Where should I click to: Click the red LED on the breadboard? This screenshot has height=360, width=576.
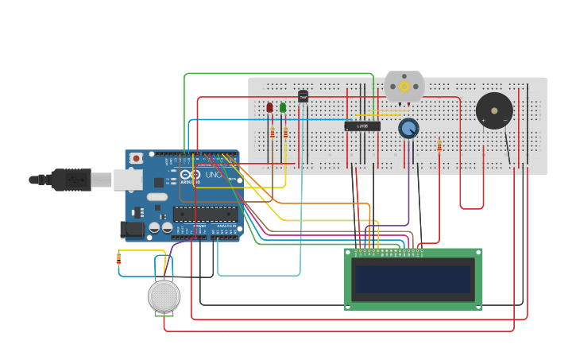[x=269, y=107]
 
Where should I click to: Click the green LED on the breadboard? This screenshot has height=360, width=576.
[x=283, y=107]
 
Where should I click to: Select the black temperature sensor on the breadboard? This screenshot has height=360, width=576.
[x=303, y=96]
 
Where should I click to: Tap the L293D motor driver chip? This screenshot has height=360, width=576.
[x=362, y=126]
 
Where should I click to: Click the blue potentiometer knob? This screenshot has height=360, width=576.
[x=408, y=128]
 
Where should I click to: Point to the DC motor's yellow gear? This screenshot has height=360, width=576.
[x=404, y=86]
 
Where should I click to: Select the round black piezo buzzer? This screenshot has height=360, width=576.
[x=494, y=110]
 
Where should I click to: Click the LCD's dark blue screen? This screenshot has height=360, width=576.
[x=412, y=279]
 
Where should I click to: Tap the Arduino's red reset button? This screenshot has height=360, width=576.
[x=137, y=158]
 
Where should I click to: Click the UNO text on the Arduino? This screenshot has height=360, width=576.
[x=214, y=175]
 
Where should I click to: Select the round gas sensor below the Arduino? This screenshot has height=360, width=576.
[x=164, y=296]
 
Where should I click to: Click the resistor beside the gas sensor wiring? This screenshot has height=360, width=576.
[x=119, y=258]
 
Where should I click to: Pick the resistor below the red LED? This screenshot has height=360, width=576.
[x=273, y=133]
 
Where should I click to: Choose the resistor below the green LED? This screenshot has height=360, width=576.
[x=285, y=133]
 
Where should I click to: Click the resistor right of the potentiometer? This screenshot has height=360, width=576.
[x=439, y=145]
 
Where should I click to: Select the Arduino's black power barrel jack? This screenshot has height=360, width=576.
[x=132, y=230]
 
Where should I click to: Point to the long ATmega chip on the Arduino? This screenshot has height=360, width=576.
[x=205, y=214]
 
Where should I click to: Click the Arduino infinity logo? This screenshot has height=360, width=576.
[x=189, y=175]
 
